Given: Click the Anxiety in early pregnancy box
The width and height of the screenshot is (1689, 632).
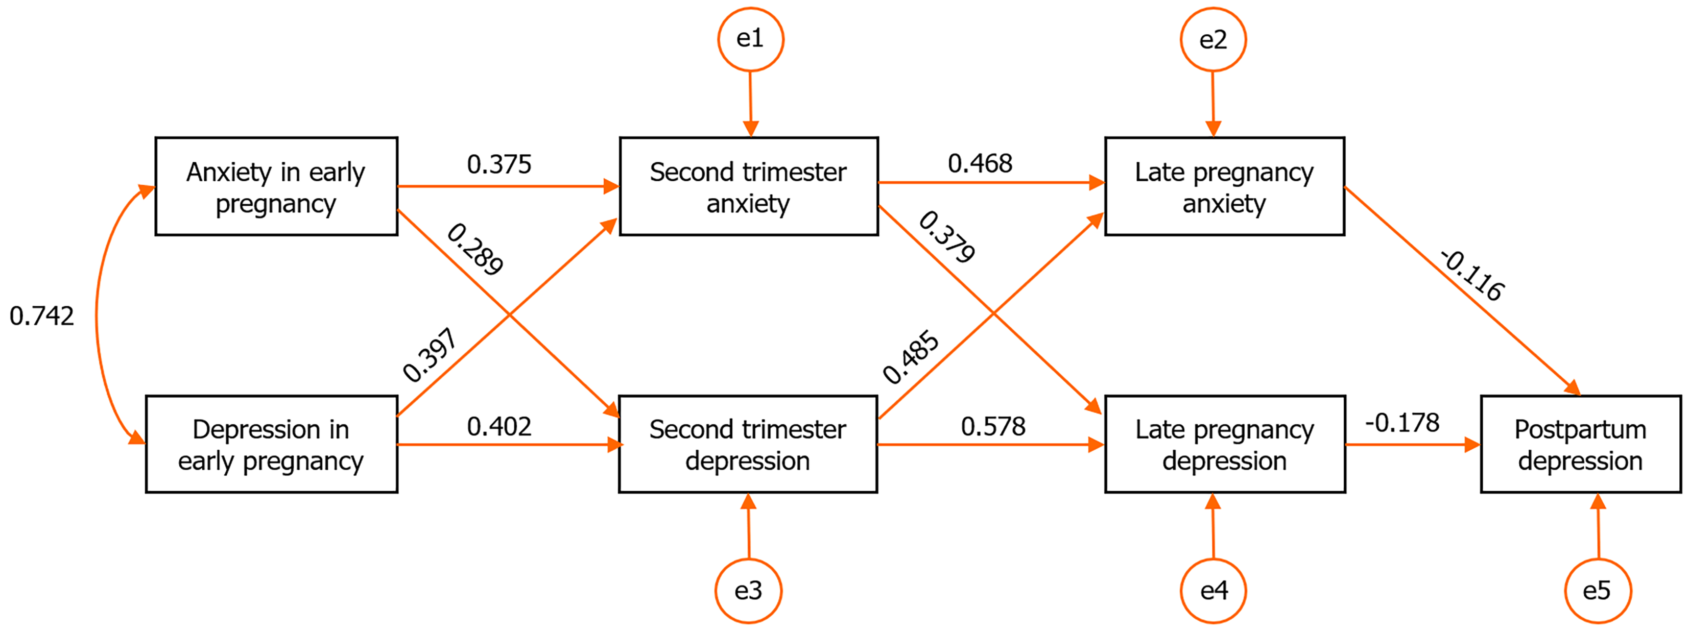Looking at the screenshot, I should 276,187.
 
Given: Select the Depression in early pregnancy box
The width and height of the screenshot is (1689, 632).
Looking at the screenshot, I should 271,445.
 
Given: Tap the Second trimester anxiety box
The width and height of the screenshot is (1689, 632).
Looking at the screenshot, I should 748,187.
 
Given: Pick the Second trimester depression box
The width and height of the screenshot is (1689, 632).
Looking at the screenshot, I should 748,445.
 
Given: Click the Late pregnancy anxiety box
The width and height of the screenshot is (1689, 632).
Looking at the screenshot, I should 1224,187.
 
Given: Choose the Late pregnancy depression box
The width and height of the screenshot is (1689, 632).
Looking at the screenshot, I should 1224,445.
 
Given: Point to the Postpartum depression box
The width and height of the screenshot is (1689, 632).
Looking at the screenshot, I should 1580,445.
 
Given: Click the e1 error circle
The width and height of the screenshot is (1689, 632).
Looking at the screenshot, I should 750,39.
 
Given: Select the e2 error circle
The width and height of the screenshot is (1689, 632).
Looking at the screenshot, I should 1212,40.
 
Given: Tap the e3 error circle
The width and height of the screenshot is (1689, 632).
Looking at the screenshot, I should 748,591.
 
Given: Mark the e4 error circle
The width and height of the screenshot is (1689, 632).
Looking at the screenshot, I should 1213,591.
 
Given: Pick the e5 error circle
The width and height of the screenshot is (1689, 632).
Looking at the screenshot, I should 1597,591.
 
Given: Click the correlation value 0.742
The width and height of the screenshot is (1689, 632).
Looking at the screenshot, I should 42,316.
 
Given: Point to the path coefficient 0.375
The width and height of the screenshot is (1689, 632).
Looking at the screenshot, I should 499,164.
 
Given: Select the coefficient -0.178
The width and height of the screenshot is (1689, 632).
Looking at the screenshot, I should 1402,423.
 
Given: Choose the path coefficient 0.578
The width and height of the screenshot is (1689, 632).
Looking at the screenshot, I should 993,426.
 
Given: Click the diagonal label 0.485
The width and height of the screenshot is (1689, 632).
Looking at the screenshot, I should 911,357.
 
